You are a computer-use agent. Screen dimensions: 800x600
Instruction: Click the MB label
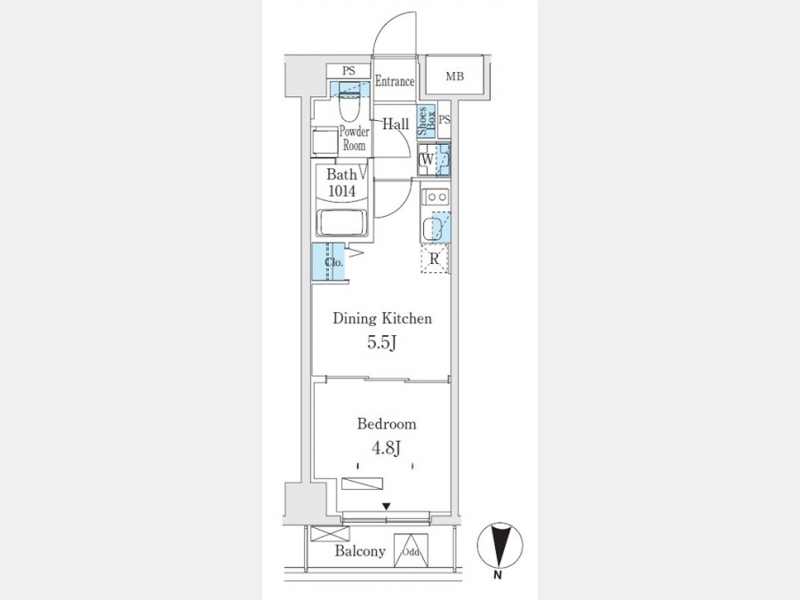[x=454, y=76]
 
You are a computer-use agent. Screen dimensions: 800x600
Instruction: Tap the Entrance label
[x=395, y=81]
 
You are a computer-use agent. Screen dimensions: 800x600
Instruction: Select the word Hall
[x=396, y=124]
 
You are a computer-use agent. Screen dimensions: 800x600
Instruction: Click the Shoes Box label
[x=426, y=121]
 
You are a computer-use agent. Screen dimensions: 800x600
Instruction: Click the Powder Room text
[x=354, y=139]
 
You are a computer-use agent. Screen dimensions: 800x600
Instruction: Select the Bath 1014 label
[x=342, y=182]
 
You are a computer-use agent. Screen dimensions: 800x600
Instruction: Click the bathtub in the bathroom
[x=342, y=222]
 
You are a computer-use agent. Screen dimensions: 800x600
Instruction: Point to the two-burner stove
[x=436, y=196]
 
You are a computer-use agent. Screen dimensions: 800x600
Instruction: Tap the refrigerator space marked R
[x=434, y=259]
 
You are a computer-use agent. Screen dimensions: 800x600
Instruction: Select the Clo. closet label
[x=334, y=263]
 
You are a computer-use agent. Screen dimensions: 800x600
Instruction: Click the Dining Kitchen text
[x=382, y=318]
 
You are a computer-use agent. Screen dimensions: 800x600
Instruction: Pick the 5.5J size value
[x=381, y=342]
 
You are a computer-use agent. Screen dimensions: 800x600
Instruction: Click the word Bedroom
[x=387, y=424]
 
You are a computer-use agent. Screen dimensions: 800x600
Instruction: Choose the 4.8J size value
[x=386, y=449]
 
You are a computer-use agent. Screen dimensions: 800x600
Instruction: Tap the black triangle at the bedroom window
[x=387, y=506]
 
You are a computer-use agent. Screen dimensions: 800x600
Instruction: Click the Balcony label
[x=360, y=551]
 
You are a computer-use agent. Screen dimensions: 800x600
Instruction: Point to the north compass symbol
[x=500, y=545]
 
